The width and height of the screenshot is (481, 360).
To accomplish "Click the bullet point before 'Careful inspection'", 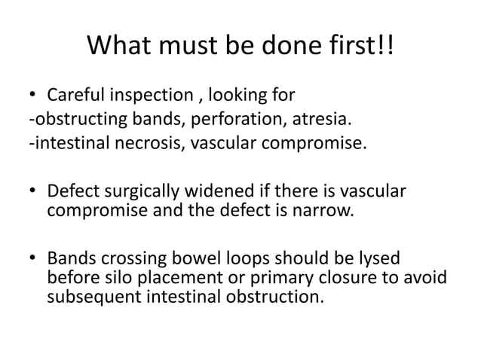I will coord(34,96).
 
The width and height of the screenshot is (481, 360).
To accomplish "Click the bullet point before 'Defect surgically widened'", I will coord(34,189).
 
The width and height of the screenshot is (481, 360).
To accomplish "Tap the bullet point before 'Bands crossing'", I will coord(34,258).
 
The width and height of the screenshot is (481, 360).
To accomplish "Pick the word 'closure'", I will coord(348,279).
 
